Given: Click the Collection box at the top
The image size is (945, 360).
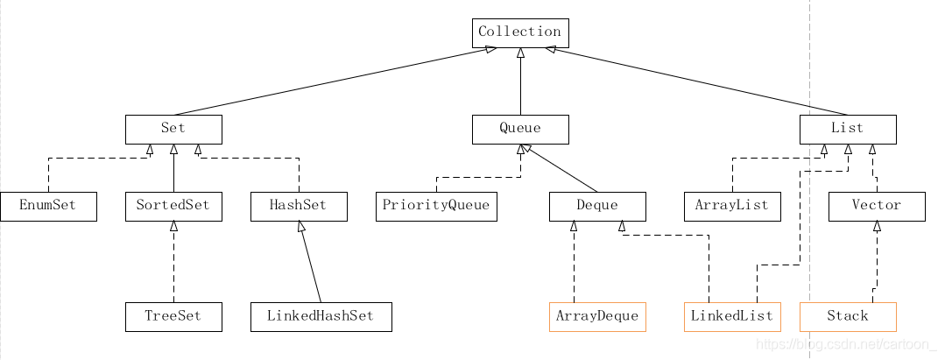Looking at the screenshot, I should pos(520,32).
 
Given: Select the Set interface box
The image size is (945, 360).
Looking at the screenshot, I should pos(173,129).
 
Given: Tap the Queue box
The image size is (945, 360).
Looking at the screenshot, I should pos(520,129).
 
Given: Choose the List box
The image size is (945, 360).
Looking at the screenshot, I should pos(847,129).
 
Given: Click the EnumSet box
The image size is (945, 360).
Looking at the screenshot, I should pos(48,206).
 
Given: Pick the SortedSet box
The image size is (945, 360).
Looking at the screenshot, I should pos(173,206).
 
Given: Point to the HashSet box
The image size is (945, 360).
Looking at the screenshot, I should pos(299,206).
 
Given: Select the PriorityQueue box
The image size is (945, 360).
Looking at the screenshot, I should pos(436,206).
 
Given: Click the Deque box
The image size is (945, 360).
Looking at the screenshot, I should pos(597,206).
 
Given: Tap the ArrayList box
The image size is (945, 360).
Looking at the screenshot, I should pos(731,206).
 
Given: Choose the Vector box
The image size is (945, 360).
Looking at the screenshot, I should pos(876,206).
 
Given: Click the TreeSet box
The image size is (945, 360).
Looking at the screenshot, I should pos(173,316).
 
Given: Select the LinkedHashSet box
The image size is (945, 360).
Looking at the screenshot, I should pos(321,316).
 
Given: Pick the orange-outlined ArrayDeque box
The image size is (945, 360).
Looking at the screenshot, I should pos(597,316).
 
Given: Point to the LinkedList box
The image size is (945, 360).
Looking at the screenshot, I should pos(731,316).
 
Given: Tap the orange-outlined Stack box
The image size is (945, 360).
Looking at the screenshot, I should pos(847,316).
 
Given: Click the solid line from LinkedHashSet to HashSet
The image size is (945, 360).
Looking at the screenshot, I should pos(311,263).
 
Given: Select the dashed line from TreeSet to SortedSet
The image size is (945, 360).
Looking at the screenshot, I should pos(173,263).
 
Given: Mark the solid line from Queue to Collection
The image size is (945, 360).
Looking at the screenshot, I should pos(520,83).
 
